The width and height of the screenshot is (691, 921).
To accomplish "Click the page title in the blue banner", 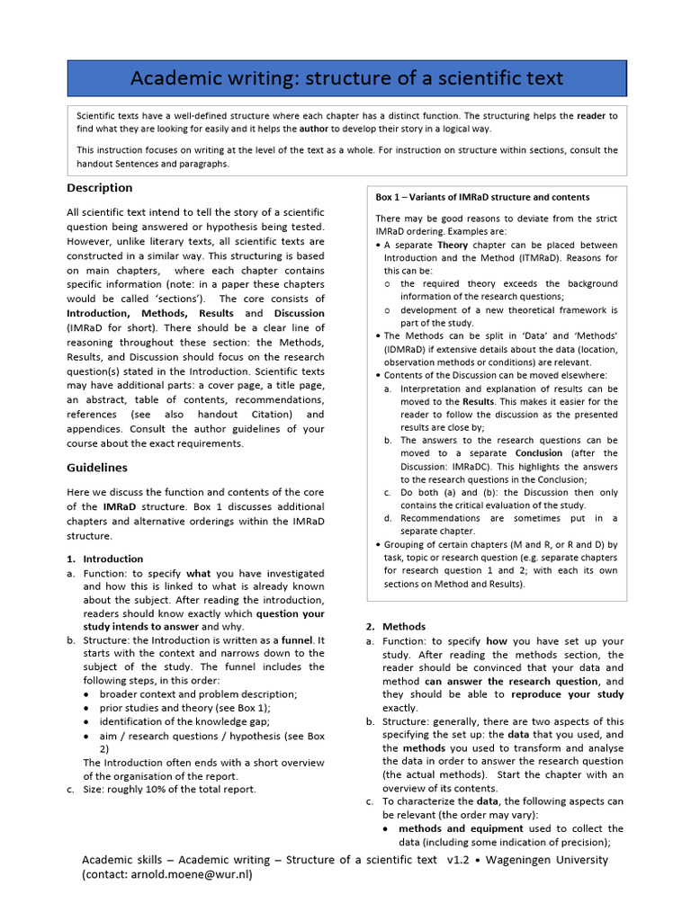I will point(346,78).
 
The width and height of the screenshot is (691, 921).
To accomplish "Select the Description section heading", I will point(100,188).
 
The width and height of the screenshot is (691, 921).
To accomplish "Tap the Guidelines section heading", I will point(97,468).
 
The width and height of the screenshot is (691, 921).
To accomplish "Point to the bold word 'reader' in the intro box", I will point(591,116).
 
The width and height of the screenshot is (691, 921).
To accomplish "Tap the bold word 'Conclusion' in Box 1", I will point(539,453).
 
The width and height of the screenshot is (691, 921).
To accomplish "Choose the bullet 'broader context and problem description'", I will point(198,694).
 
